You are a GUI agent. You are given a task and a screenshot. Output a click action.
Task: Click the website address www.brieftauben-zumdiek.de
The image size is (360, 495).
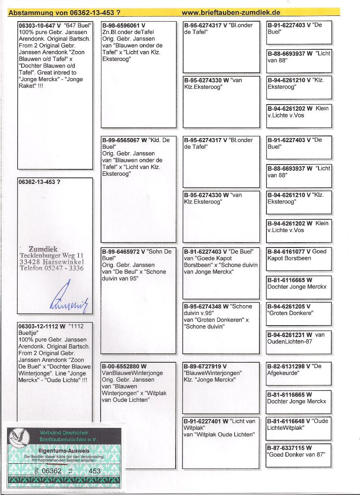231,13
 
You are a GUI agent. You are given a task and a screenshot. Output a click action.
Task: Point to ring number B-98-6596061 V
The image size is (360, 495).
124,25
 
